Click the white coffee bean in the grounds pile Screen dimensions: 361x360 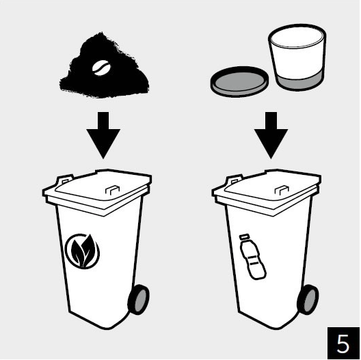(x=101, y=68)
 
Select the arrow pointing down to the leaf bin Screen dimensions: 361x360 (x=103, y=135)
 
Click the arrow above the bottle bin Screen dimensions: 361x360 (x=271, y=135)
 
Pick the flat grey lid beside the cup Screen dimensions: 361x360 (x=240, y=82)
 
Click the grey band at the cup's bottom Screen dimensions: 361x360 (x=299, y=83)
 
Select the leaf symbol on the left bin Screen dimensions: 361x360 (x=83, y=251)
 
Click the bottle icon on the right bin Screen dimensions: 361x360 (x=253, y=257)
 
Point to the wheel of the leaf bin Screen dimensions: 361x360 (x=139, y=299)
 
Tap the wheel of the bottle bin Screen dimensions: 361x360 (x=308, y=299)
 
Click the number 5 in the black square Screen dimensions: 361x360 (x=343, y=344)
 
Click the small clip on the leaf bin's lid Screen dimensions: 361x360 (x=112, y=190)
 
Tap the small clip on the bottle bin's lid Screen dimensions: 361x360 (x=282, y=190)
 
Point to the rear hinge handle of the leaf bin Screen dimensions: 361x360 (x=64, y=180)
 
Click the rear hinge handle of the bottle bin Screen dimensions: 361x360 (x=234, y=180)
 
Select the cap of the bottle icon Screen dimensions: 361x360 (x=244, y=237)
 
